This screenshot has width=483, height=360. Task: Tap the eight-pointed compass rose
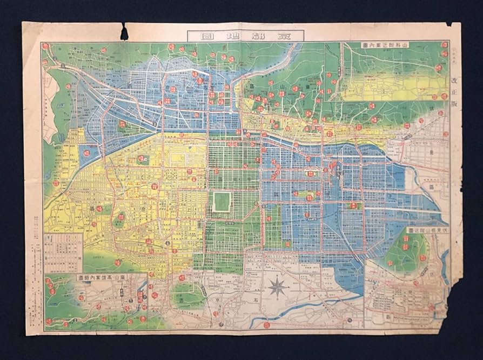278,286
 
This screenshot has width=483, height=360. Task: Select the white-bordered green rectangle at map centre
222,201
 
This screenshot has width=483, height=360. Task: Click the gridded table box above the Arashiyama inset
63,252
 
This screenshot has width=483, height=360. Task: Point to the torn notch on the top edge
124,32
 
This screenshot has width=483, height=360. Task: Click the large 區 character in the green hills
252,86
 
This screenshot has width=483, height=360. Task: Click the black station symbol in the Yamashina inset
339,70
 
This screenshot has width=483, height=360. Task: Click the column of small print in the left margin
33,238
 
